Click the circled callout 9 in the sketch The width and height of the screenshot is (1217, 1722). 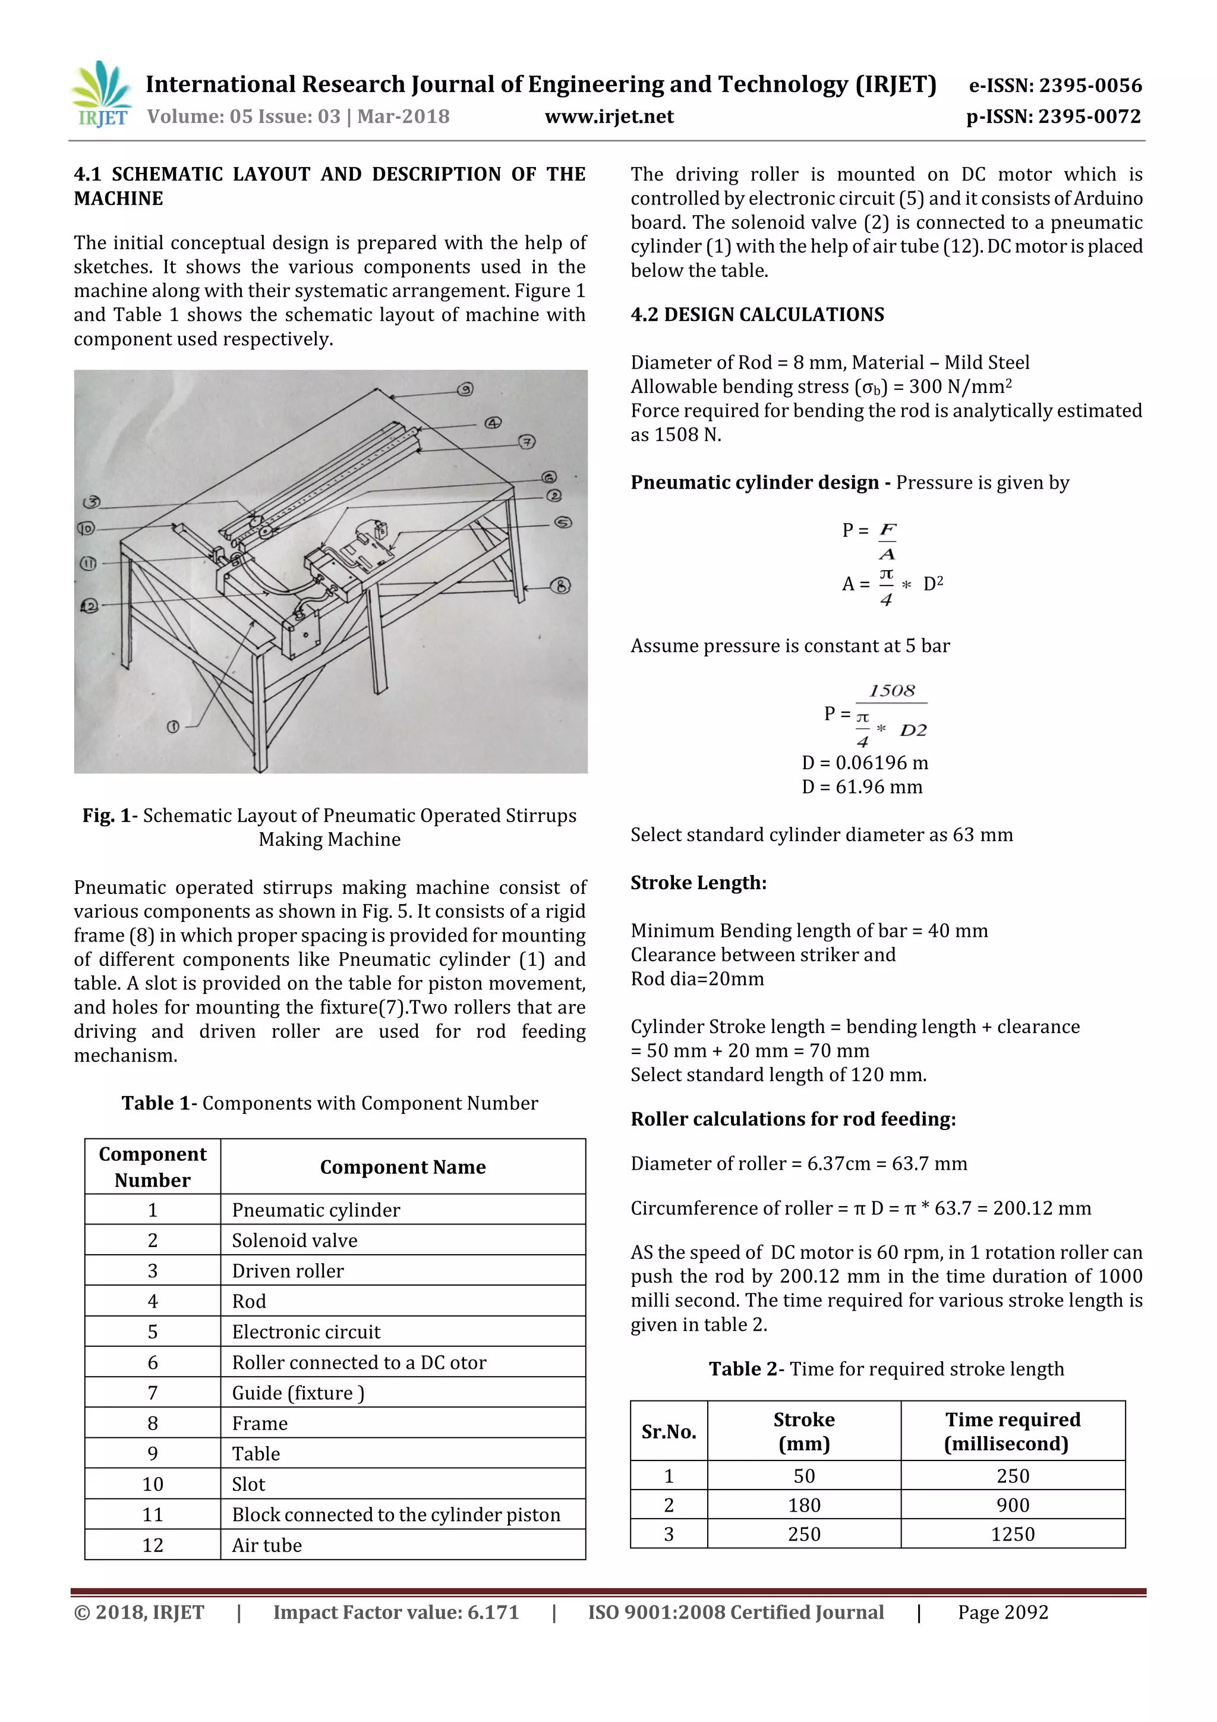coord(466,389)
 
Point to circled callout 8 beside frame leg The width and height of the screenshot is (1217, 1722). coord(560,585)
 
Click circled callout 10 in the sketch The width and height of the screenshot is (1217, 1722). coord(87,529)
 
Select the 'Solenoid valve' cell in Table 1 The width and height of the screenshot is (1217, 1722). coord(295,1241)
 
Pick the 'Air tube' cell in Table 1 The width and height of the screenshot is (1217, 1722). coord(267,1545)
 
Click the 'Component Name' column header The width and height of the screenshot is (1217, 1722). coord(403,1167)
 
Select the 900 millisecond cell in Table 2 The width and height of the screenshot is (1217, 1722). coord(1013,1504)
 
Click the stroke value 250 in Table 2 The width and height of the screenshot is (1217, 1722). coord(804,1534)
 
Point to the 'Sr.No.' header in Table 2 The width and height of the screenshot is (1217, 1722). coord(668,1432)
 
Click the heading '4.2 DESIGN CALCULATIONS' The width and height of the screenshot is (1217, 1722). coord(756,314)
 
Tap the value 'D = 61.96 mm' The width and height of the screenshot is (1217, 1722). coord(862,787)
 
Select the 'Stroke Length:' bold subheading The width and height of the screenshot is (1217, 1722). coord(698,883)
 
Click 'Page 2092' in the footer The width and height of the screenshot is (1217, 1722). coord(1002,1613)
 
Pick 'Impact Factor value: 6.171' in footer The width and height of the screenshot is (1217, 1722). coord(396,1613)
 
